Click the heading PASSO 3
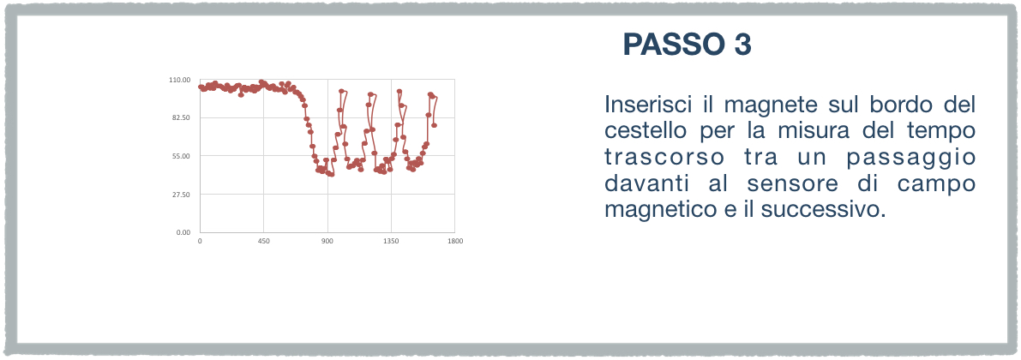687,45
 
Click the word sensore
784,185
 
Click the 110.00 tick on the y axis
179,80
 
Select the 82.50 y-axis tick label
180,117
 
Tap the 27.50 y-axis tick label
180,195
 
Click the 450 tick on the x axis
264,241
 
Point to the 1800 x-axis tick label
454,241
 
